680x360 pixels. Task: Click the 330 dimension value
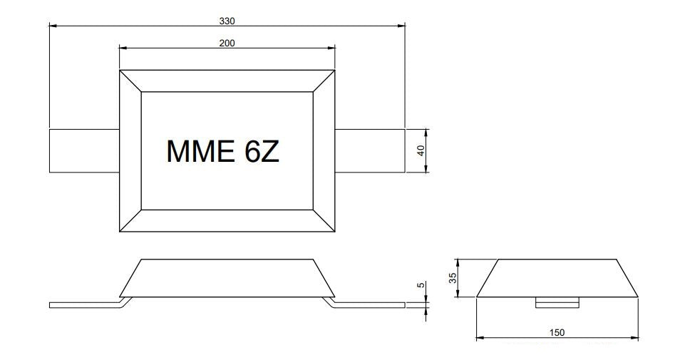[x=227, y=21]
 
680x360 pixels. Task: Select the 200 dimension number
[x=227, y=43]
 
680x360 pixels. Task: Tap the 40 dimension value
[x=421, y=150]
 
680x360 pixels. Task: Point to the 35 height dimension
[x=453, y=278]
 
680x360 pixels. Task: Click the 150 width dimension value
[x=557, y=333]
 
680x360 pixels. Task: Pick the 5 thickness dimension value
[x=421, y=285]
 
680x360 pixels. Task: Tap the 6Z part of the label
[x=262, y=151]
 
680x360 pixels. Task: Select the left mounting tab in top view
[x=84, y=150]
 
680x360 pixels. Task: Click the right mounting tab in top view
[x=370, y=150]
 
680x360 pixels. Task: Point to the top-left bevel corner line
[x=130, y=81]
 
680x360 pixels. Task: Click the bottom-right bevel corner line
[x=324, y=221]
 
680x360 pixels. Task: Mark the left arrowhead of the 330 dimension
[x=53, y=26]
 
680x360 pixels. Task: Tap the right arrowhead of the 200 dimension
[x=331, y=48]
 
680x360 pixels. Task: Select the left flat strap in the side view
[x=85, y=305]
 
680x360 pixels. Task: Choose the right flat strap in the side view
[x=369, y=305]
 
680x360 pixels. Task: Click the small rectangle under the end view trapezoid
[x=557, y=303]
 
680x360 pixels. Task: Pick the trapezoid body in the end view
[x=557, y=278]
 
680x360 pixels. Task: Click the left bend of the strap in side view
[x=125, y=302]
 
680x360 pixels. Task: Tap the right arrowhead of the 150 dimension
[x=634, y=338]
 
